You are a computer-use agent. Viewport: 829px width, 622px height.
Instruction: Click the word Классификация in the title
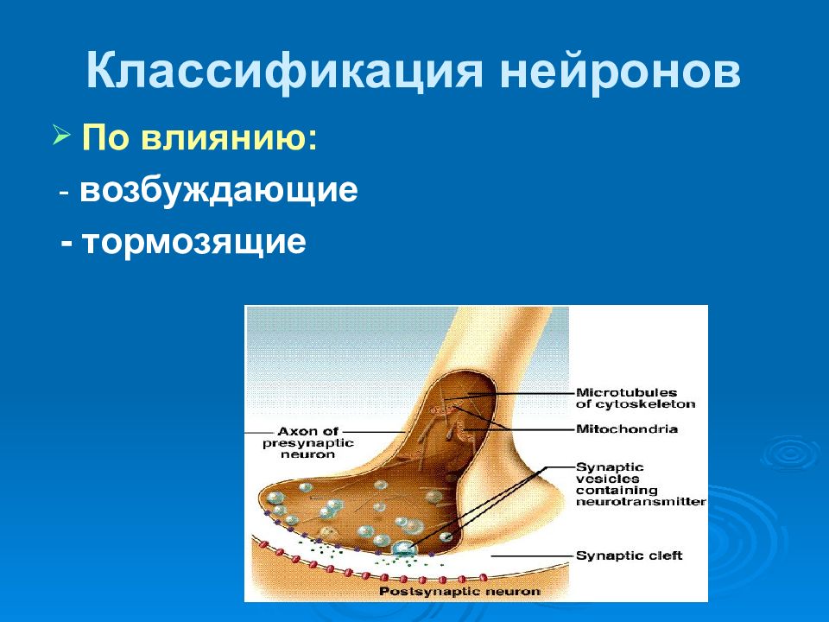coord(284,70)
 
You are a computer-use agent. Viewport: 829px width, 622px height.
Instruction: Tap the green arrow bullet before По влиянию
coord(61,136)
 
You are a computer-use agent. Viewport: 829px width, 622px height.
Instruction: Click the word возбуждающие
coord(218,190)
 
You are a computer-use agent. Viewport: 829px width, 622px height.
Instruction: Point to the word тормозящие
coord(193,242)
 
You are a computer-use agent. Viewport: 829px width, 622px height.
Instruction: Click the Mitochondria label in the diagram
coord(627,428)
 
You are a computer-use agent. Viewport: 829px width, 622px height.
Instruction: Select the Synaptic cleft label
coord(629,555)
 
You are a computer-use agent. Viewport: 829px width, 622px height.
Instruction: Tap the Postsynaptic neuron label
coord(460,591)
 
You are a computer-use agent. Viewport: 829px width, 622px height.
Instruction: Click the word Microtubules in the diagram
coord(626,392)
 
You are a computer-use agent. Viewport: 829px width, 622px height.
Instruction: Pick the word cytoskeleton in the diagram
coord(645,404)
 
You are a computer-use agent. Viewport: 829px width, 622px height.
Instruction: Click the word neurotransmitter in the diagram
coord(641,501)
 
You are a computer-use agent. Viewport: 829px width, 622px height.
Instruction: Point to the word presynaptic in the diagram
coord(308,443)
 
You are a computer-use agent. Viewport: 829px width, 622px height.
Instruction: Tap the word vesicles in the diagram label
coord(600,479)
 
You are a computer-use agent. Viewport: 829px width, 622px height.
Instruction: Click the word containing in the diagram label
coord(617,491)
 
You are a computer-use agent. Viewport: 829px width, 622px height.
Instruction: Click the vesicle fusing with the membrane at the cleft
coord(404,548)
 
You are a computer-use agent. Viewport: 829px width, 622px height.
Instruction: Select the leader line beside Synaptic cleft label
coord(533,555)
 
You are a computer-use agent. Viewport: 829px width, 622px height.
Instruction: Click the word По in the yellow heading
coord(105,138)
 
